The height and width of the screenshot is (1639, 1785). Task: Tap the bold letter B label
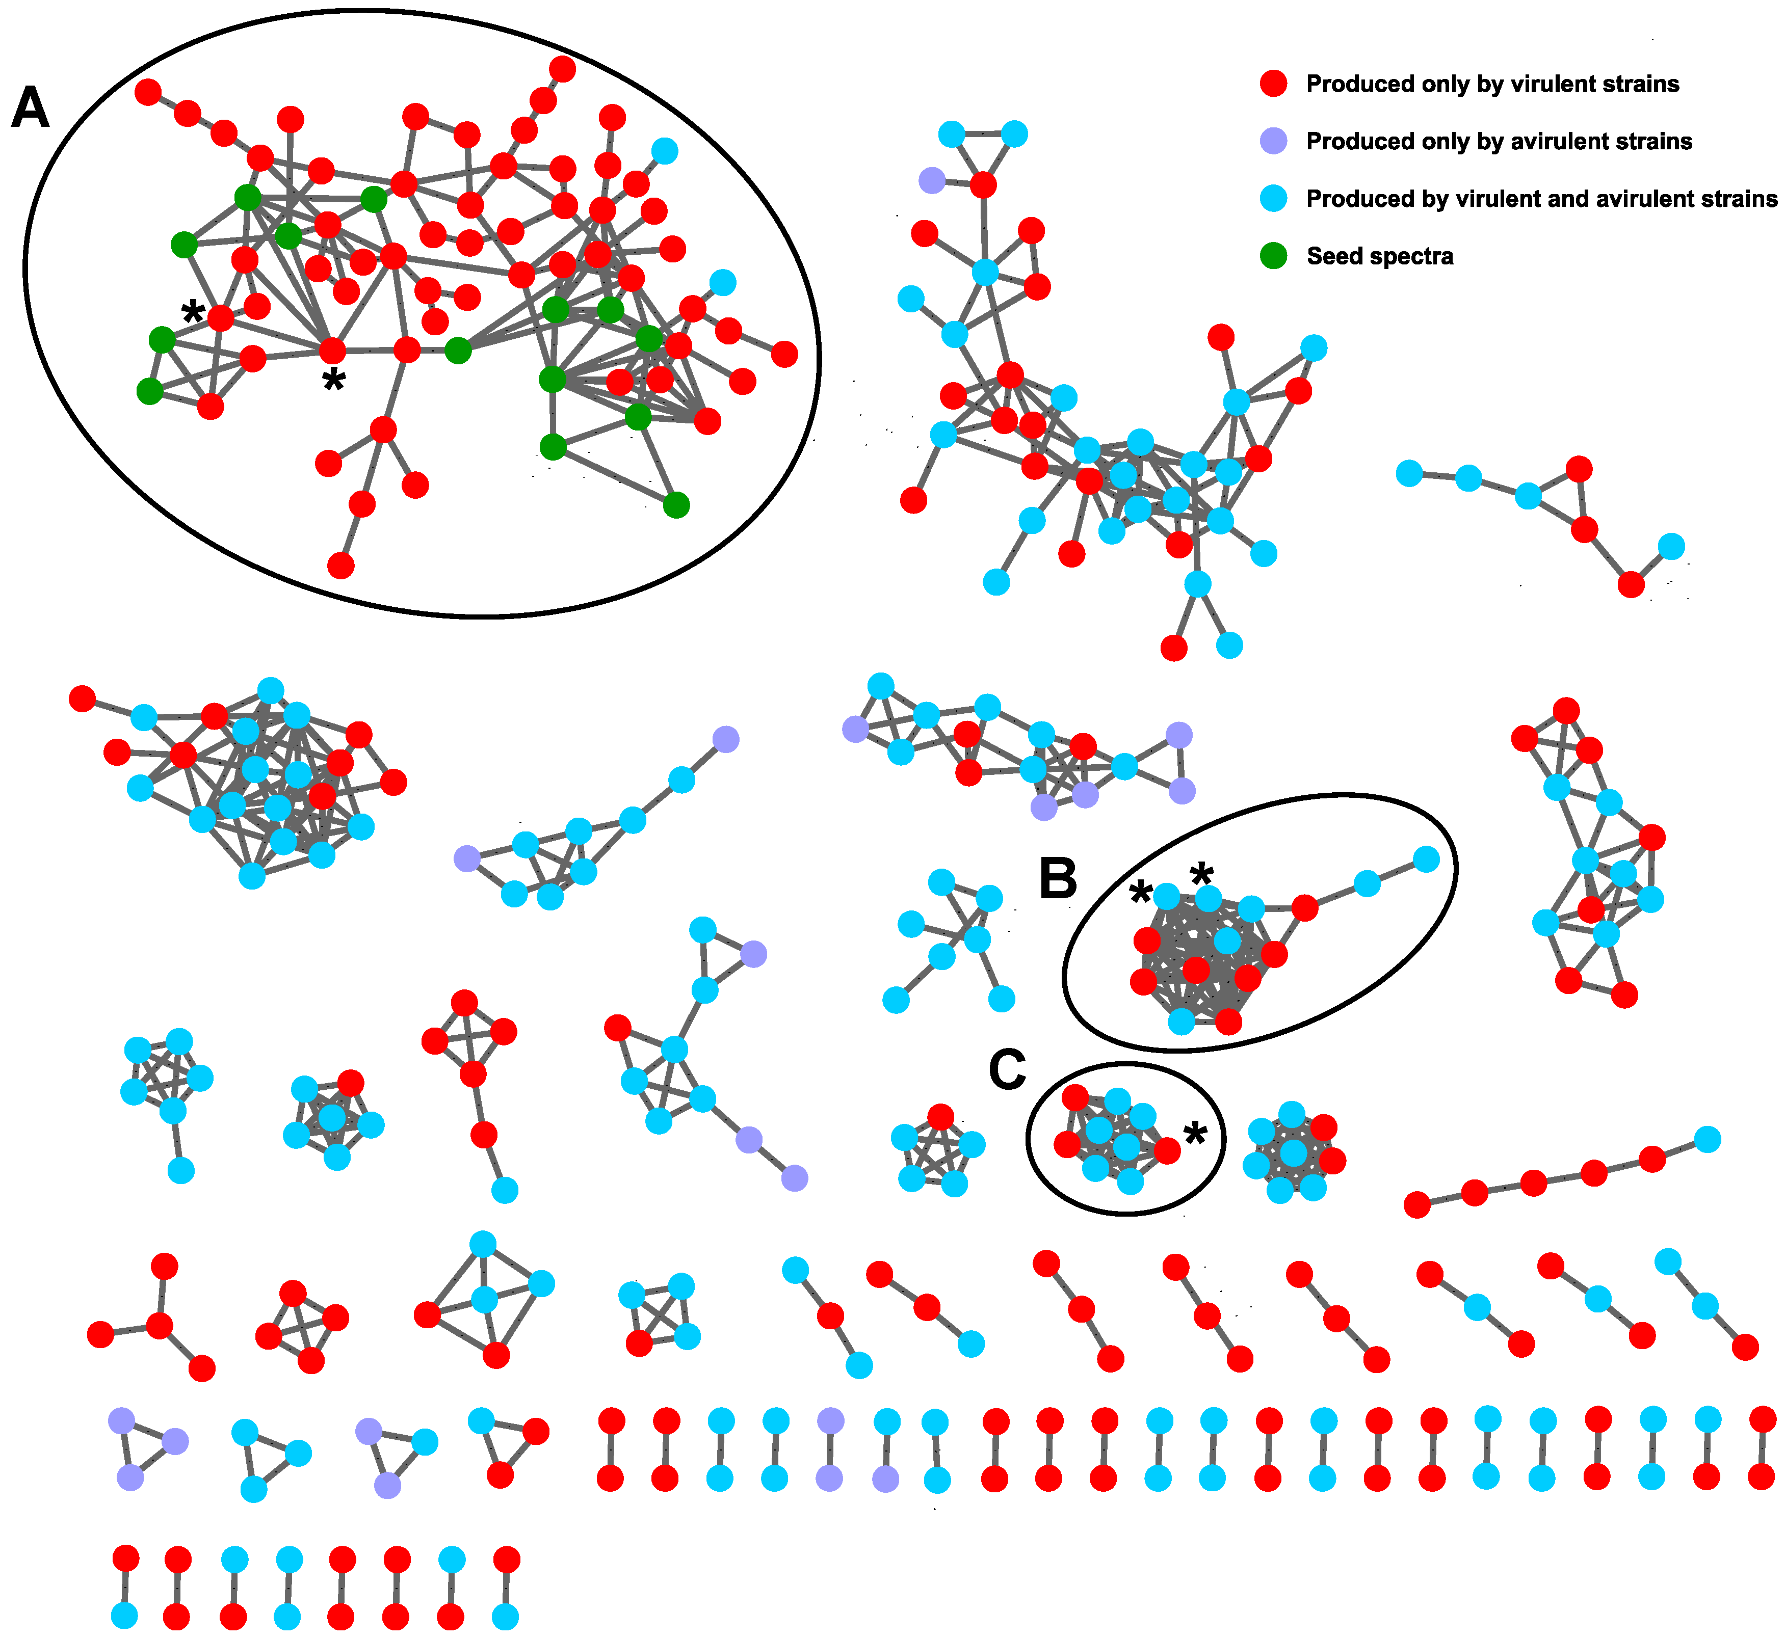click(1058, 880)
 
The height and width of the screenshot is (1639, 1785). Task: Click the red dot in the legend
click(1273, 84)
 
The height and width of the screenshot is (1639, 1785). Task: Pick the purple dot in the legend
click(1273, 141)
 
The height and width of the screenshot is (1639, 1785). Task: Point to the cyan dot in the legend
click(1273, 199)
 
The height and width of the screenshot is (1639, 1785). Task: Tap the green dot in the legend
click(1273, 256)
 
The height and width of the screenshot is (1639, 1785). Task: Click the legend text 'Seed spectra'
click(1380, 256)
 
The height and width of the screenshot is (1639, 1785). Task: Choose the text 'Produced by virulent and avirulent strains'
click(1541, 199)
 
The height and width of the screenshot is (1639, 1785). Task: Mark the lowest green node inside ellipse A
click(676, 505)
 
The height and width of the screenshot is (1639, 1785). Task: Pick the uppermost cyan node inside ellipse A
click(665, 151)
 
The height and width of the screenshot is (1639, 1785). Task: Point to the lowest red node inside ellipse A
click(340, 565)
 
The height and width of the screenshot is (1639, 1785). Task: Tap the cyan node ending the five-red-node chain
click(1707, 1139)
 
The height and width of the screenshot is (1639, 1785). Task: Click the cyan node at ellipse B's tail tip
click(1426, 858)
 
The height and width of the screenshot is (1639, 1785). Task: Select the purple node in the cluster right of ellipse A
click(931, 181)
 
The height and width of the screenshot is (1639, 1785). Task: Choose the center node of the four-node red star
click(160, 1326)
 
